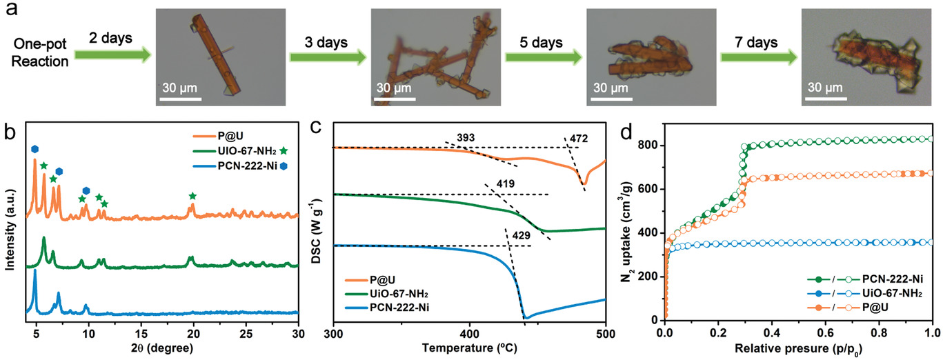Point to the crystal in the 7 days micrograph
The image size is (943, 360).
point(866,57)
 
